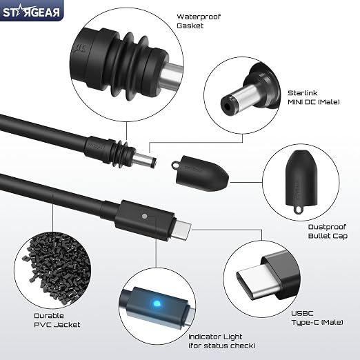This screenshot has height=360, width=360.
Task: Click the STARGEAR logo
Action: coord(31,12)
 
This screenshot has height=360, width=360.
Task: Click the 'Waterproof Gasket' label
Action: coord(199,21)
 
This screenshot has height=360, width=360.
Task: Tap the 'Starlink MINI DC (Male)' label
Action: coord(314,97)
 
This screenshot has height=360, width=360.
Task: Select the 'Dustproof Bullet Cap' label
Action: coord(328,231)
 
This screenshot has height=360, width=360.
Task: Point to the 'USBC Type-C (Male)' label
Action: coord(317,318)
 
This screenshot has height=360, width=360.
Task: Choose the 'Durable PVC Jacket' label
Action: coord(57,320)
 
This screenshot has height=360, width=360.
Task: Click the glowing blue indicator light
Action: coord(157,303)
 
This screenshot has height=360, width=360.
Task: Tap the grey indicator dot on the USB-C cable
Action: coord(145,216)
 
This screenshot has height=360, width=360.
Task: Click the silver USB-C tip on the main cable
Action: coord(182,230)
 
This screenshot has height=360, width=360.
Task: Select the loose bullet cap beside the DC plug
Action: coord(200,173)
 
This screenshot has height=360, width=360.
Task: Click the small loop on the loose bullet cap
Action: coord(175,165)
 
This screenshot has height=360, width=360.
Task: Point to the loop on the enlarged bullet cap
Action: coord(298,209)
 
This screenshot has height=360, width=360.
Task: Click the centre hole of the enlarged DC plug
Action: coord(227,107)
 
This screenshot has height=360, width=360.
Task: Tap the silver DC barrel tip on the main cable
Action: coord(145,160)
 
